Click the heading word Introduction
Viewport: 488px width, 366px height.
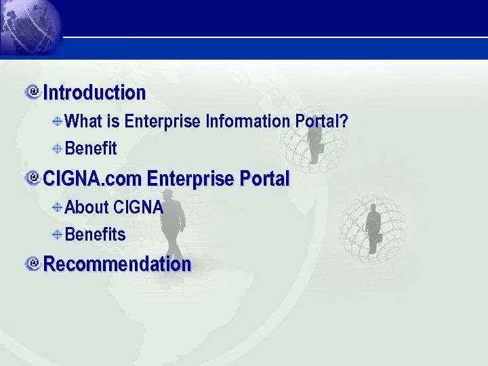click(x=94, y=92)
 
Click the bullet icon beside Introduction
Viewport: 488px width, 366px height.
click(x=32, y=91)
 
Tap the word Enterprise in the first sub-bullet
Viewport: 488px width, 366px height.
click(x=163, y=121)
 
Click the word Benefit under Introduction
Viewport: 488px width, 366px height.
click(x=91, y=148)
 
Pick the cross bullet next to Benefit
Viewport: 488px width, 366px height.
click(x=58, y=148)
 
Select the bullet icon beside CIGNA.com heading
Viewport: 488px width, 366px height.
click(x=32, y=178)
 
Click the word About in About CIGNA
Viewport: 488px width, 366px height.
click(x=87, y=207)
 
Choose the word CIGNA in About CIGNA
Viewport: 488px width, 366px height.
click(x=138, y=207)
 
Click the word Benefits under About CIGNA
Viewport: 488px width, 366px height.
click(x=95, y=235)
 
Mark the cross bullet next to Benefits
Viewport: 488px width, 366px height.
click(x=58, y=235)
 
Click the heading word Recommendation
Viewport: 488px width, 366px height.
click(x=117, y=264)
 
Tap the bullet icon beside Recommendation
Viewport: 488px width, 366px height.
click(x=32, y=263)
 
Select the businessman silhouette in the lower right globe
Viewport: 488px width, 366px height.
click(x=373, y=228)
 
